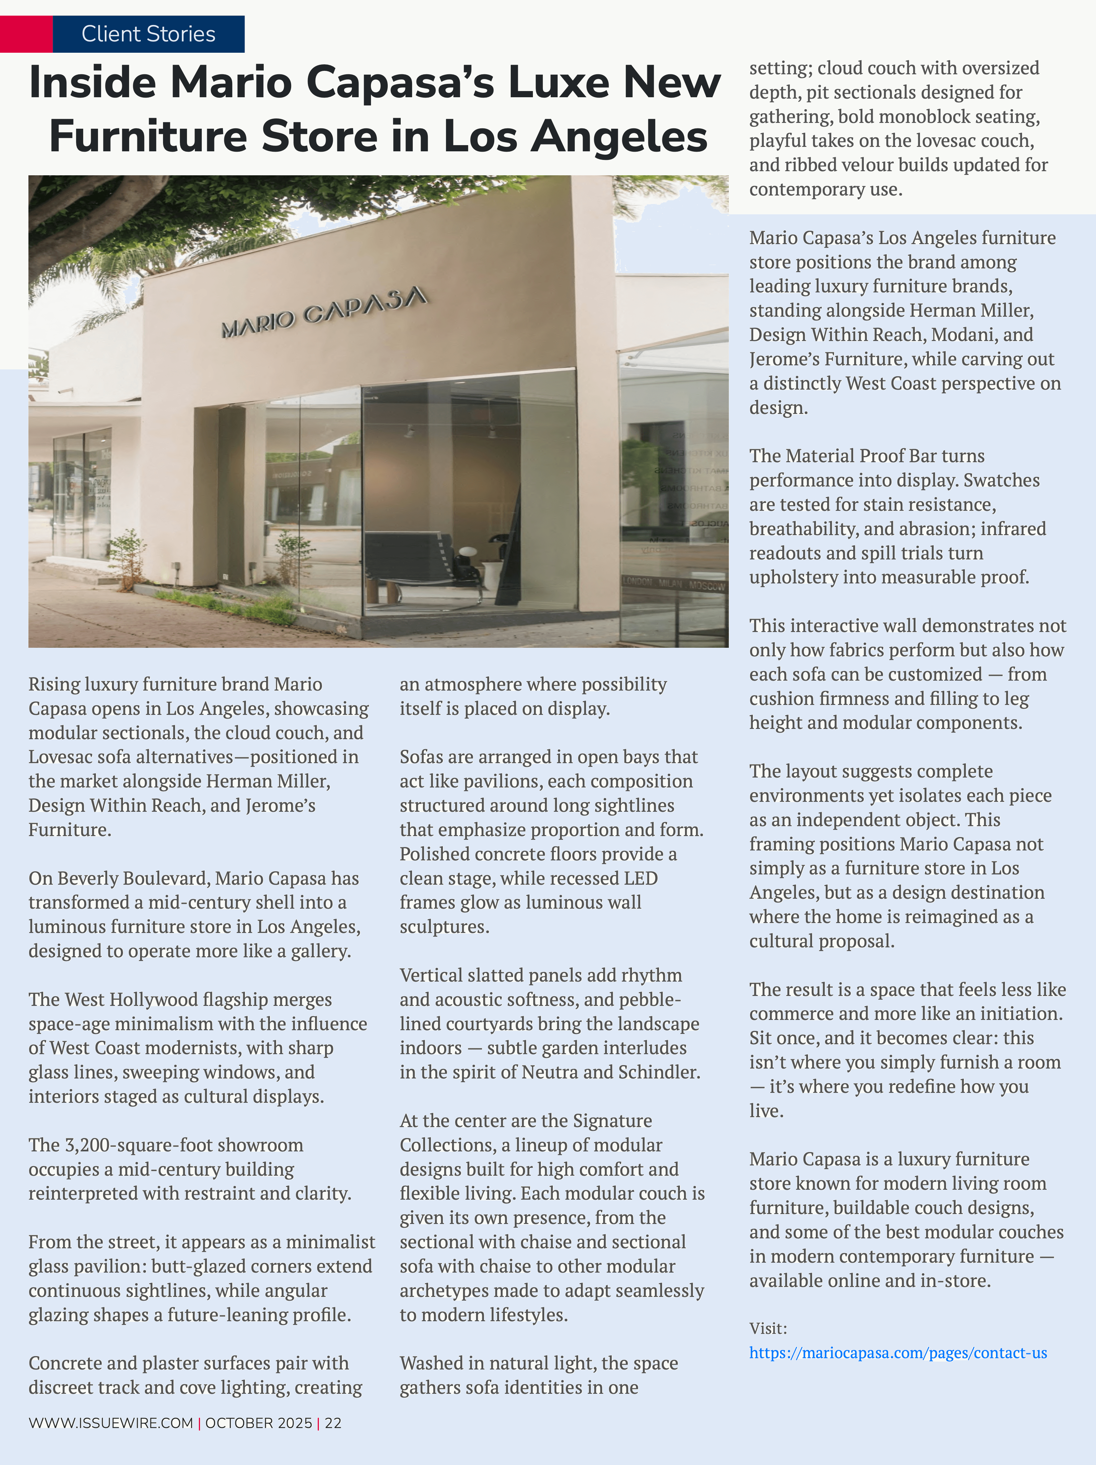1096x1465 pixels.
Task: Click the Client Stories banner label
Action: (148, 34)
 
